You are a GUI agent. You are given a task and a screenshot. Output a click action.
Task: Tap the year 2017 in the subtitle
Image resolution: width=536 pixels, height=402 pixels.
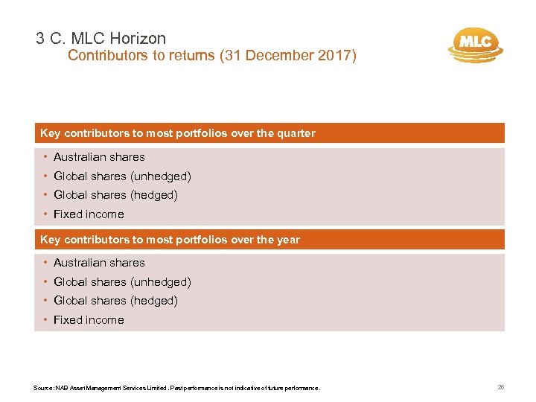336,55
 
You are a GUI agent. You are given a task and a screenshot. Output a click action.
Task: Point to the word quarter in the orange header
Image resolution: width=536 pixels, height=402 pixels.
296,133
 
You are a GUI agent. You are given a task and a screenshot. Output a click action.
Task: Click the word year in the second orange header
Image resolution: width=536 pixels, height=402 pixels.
288,239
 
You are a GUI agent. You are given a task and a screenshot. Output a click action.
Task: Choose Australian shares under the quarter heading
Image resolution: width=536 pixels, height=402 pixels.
99,157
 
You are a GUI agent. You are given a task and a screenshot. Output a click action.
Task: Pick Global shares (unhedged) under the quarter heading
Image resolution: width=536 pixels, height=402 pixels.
122,176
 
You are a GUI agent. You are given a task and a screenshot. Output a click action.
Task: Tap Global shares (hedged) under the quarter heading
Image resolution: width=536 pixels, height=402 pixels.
115,195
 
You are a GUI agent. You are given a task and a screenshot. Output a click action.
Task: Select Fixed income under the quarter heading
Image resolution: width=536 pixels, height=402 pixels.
89,214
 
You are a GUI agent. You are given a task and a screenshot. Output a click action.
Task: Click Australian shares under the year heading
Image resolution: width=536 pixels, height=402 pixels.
99,263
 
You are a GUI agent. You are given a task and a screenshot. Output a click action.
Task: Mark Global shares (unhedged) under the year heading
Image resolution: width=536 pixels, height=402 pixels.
122,282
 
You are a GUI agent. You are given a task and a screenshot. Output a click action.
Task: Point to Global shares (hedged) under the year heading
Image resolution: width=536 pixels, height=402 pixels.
115,301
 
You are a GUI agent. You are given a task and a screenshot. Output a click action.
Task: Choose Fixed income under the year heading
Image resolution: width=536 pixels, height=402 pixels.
89,320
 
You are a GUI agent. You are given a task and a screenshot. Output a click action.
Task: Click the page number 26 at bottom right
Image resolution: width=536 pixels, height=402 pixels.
500,387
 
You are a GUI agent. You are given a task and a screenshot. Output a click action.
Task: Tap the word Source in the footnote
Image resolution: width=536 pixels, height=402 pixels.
43,388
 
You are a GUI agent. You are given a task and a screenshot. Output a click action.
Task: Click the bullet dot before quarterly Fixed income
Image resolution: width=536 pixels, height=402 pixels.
45,214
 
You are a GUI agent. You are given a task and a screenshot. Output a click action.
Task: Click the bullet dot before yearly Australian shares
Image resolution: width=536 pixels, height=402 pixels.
45,263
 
